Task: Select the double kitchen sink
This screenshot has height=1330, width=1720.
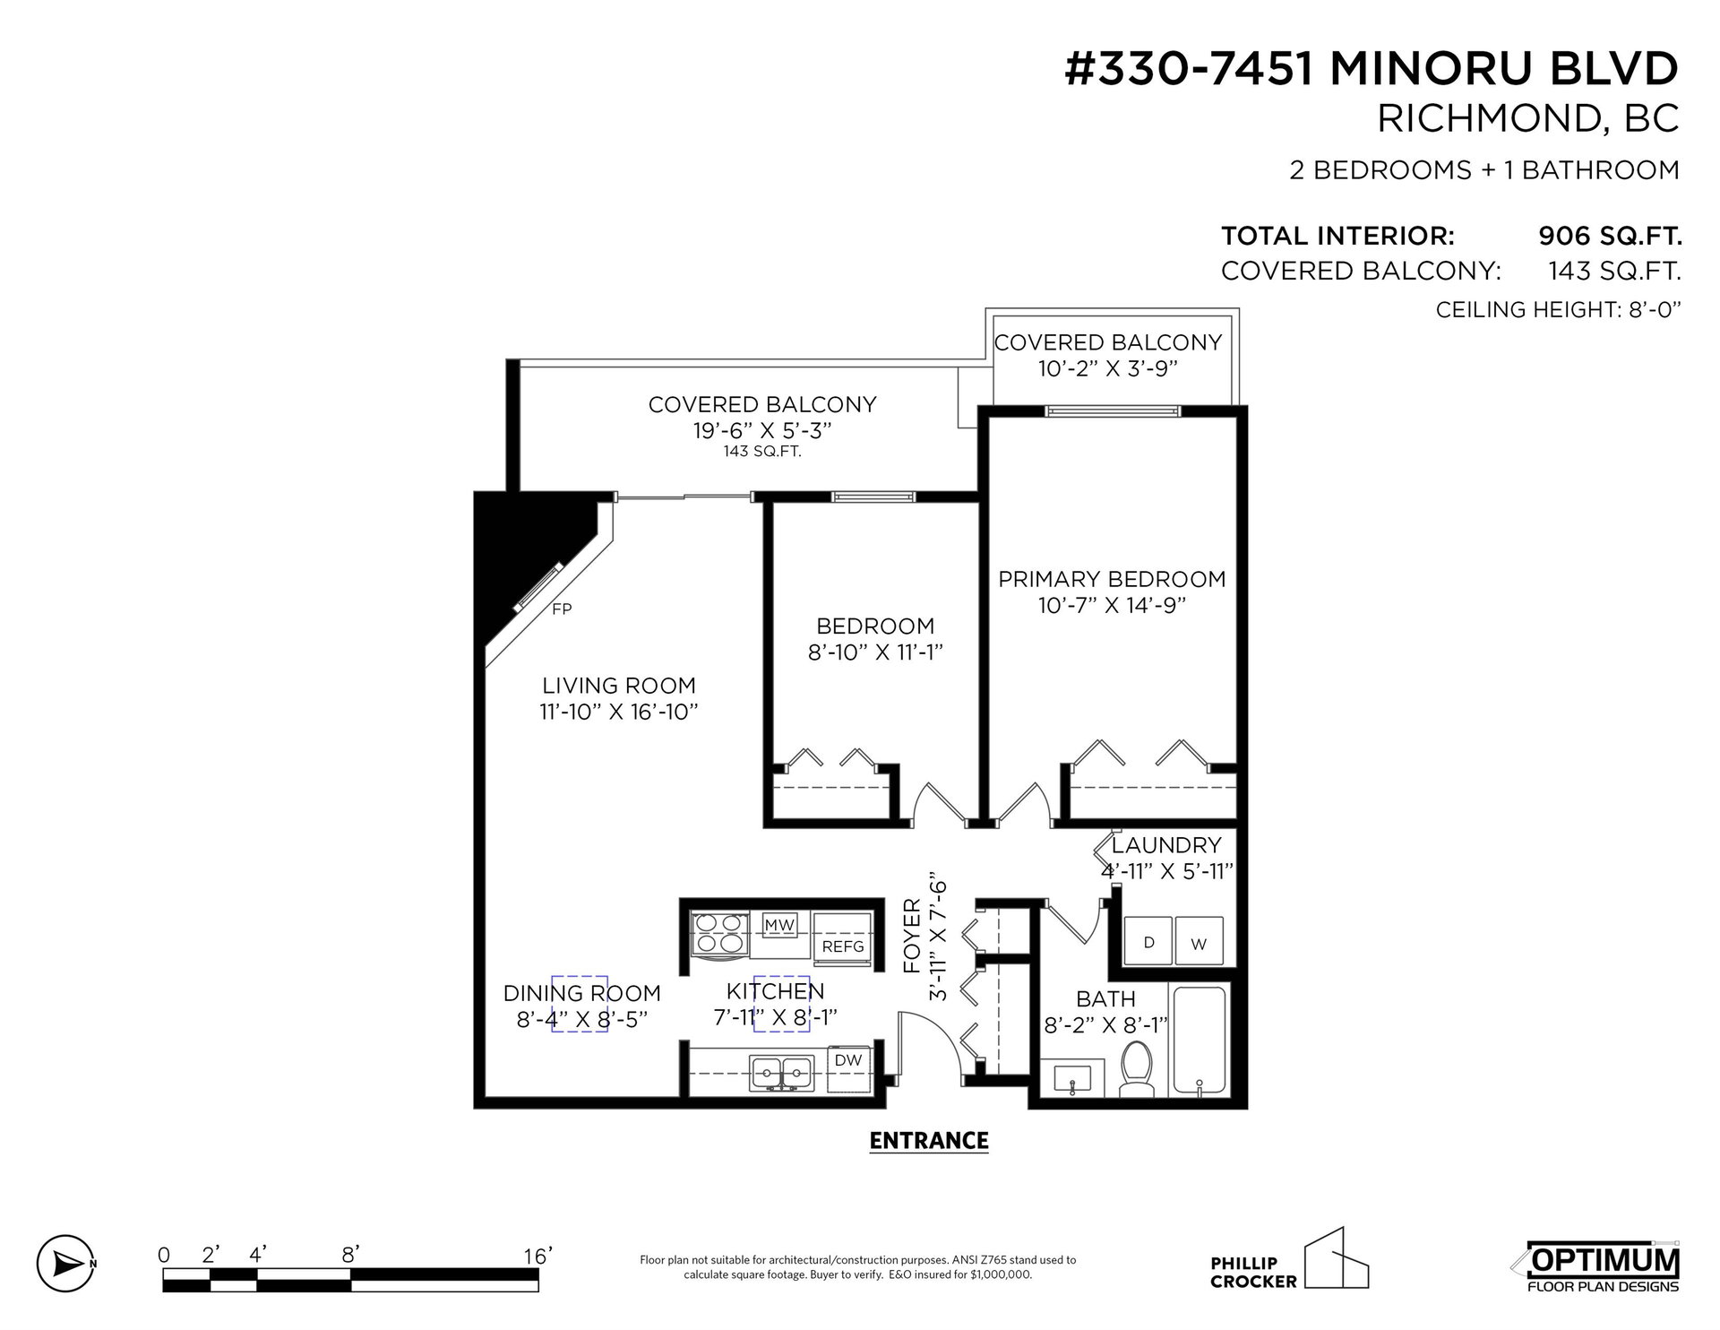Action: tap(782, 1072)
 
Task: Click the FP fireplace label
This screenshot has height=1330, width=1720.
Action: tap(562, 609)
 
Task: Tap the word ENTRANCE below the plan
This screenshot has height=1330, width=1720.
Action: tap(929, 1141)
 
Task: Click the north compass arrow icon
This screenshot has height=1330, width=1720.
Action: tap(66, 1265)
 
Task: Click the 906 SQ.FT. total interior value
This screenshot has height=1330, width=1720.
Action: tap(1610, 237)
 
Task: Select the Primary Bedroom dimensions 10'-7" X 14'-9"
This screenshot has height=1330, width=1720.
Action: tap(1112, 606)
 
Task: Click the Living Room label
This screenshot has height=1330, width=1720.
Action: tap(618, 686)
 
